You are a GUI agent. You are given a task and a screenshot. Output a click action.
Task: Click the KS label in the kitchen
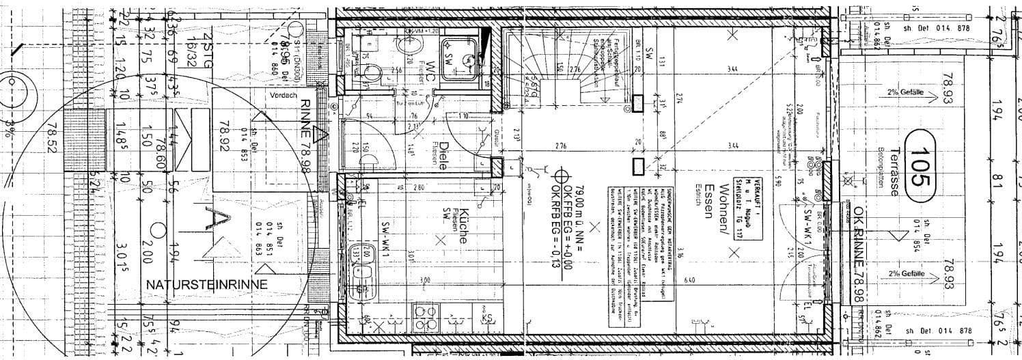(x=488, y=317)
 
